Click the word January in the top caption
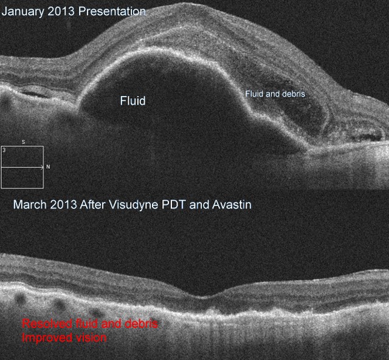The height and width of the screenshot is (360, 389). [x=23, y=12]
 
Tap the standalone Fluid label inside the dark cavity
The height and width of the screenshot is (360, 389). [x=133, y=101]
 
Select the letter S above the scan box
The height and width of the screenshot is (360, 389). [x=23, y=142]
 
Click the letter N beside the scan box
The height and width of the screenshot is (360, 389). [x=48, y=167]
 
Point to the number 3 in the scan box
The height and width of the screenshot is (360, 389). [x=4, y=150]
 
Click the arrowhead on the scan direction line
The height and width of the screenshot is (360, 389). [x=42, y=167]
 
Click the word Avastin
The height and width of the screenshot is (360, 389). [x=232, y=205]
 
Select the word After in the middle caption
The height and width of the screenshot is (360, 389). [x=93, y=205]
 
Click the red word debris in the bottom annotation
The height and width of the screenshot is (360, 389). [x=141, y=324]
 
